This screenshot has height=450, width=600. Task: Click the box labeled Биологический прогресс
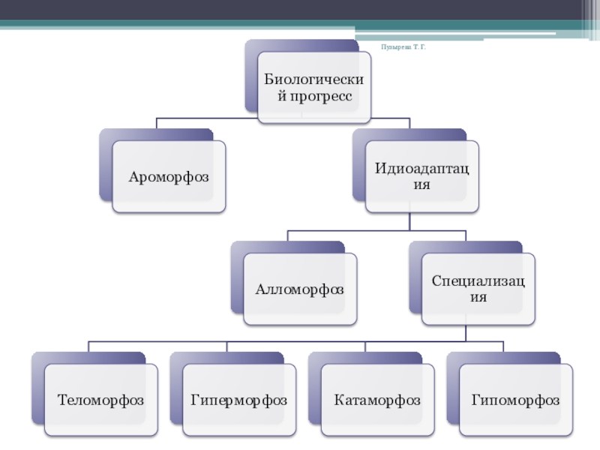pyautogui.click(x=314, y=88)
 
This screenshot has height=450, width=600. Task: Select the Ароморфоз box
pyautogui.click(x=168, y=177)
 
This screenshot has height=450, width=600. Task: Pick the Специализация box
pyautogui.click(x=478, y=289)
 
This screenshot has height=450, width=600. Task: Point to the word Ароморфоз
pyautogui.click(x=168, y=177)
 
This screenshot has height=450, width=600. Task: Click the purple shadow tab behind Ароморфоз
pyautogui.click(x=105, y=165)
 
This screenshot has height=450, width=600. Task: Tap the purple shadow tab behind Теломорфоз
pyautogui.click(x=37, y=390)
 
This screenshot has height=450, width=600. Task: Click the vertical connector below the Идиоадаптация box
pyautogui.click(x=409, y=221)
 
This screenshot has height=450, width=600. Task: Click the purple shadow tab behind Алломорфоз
pyautogui.click(x=237, y=277)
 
